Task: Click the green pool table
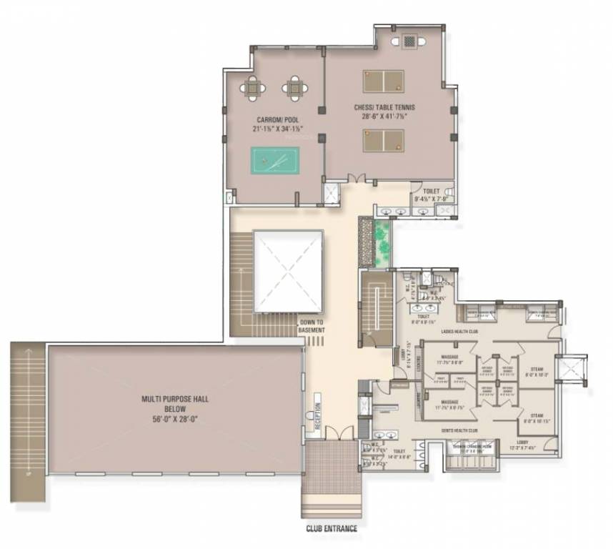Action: point(275,160)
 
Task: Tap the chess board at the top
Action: point(409,41)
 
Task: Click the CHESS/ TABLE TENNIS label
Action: point(384,108)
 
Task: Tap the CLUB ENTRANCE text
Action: point(332,530)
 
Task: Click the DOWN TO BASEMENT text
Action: point(312,326)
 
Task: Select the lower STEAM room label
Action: point(537,415)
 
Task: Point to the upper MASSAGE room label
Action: point(449,356)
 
